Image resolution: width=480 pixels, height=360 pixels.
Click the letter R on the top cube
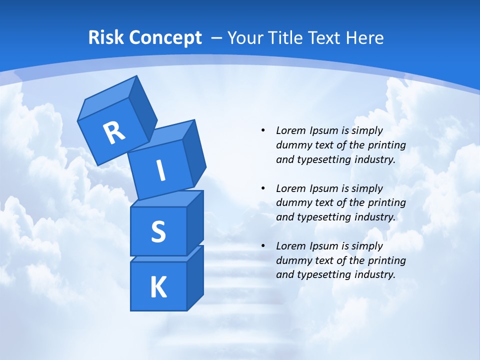(114, 132)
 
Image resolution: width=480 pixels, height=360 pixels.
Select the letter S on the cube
(158, 231)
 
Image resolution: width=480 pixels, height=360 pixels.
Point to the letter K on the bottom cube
(158, 287)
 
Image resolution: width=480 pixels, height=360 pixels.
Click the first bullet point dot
(263, 130)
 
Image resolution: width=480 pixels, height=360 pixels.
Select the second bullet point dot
(263, 188)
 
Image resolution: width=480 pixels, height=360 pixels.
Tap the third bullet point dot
(263, 246)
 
